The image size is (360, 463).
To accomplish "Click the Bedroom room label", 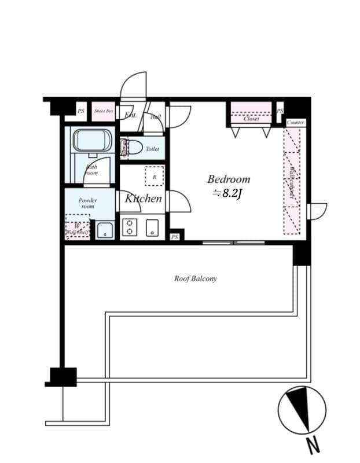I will (x=229, y=179).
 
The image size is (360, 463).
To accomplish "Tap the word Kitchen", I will (x=144, y=199).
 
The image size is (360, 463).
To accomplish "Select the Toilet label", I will (x=152, y=149).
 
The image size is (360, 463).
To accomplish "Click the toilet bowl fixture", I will (x=133, y=148).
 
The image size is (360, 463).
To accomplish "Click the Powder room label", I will (x=89, y=203).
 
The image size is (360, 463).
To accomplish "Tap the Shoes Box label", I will (x=104, y=111).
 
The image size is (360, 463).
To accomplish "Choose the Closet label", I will (x=251, y=119).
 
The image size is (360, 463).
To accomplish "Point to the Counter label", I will (x=296, y=123).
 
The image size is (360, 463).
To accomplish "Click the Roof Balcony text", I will (x=196, y=278).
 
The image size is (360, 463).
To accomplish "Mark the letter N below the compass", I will (x=313, y=446).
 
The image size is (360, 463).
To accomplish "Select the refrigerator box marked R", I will (x=154, y=176).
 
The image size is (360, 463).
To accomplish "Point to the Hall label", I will (x=155, y=117).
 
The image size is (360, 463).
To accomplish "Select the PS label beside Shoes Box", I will (x=81, y=111).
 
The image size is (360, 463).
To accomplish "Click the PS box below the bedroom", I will (x=175, y=237).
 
